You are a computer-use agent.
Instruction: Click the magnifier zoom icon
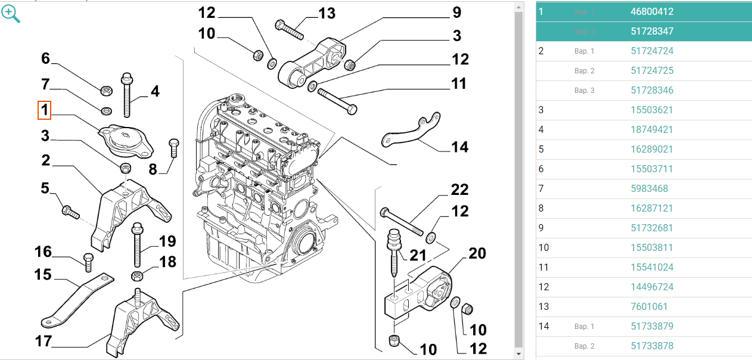click(11, 14)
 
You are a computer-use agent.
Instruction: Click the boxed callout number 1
click(45, 110)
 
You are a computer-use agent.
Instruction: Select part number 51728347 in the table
click(652, 31)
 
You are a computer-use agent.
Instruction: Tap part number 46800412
click(652, 11)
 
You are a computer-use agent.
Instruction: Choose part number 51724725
click(652, 70)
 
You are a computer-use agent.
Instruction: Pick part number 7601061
click(649, 306)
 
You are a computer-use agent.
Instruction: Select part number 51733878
click(652, 346)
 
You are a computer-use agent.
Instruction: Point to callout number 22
click(459, 190)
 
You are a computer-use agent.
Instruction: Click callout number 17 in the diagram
click(43, 342)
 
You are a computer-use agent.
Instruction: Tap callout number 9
click(456, 12)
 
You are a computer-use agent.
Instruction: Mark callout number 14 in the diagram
click(459, 147)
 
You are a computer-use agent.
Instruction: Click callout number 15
click(43, 275)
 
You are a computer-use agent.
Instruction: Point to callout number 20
click(477, 253)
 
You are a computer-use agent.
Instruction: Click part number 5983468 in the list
click(649, 188)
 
